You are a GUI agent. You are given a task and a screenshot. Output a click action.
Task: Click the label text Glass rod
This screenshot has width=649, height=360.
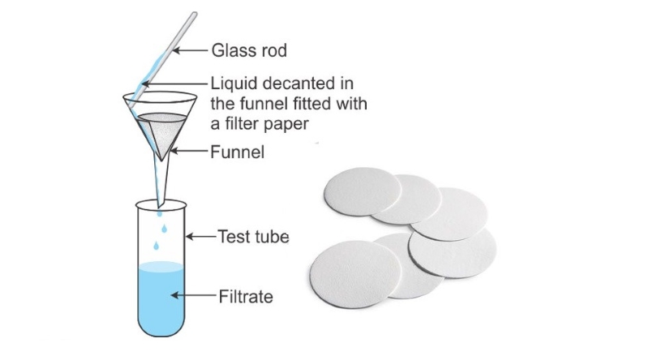tap(249, 51)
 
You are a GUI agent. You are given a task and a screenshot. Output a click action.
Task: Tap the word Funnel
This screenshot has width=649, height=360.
tap(239, 151)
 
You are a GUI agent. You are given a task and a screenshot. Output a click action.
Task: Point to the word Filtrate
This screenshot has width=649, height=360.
tap(246, 297)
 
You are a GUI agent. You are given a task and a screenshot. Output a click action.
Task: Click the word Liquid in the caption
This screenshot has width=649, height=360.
tap(232, 84)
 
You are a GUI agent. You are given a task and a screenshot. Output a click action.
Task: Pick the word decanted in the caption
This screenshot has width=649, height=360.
tap(299, 84)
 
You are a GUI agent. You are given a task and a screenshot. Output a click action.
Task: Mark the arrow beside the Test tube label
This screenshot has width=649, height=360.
tap(201, 237)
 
